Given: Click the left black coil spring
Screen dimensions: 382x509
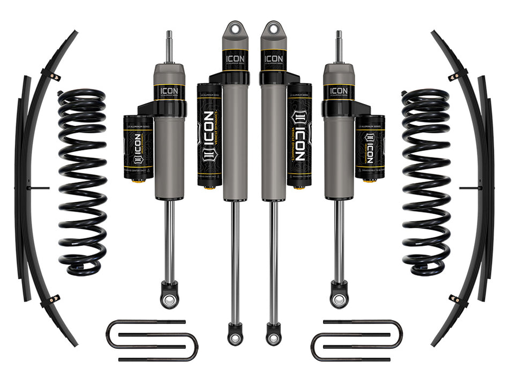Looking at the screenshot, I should tap(82, 182).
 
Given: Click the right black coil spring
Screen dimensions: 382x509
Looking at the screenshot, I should tap(426, 182).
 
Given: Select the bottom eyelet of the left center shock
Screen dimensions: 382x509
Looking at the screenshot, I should tap(234, 337).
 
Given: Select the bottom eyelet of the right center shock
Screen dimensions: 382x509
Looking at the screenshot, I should tap(273, 337).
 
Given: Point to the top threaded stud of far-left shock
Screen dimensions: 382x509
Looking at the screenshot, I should tap(168, 46).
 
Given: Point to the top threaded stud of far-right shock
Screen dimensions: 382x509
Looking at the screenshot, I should tap(339, 46).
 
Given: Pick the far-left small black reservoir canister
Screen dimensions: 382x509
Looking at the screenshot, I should tap(138, 147).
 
